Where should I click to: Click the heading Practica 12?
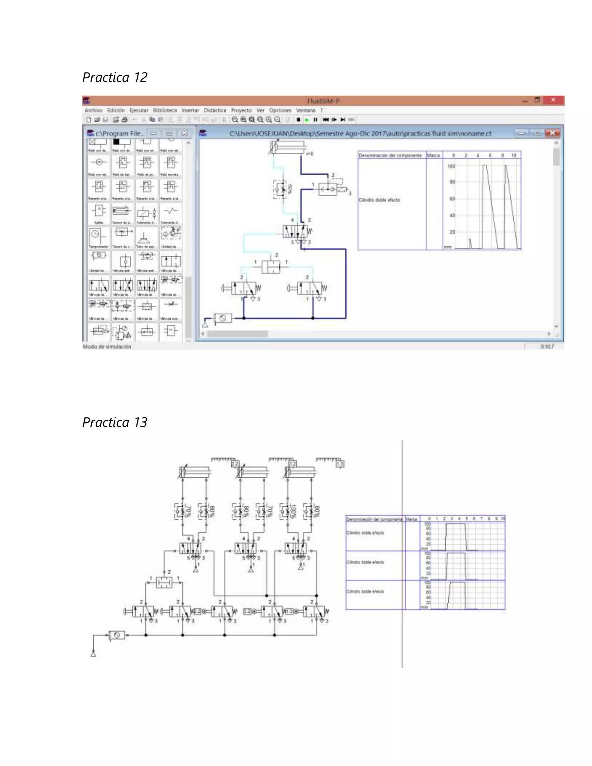coord(115,77)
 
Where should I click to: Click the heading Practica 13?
coord(115,422)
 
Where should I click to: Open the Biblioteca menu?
coord(164,110)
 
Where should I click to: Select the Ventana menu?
coord(306,110)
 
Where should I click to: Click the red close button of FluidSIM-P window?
coord(553,100)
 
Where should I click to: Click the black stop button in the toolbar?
coord(298,120)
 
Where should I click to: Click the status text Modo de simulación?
coord(107,347)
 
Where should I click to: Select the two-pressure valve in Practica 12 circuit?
coord(271,267)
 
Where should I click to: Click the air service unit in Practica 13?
coord(116,635)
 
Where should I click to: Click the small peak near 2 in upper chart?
coord(470,243)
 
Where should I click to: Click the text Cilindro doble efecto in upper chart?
coord(379,200)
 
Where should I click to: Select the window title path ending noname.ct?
coord(360,133)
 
